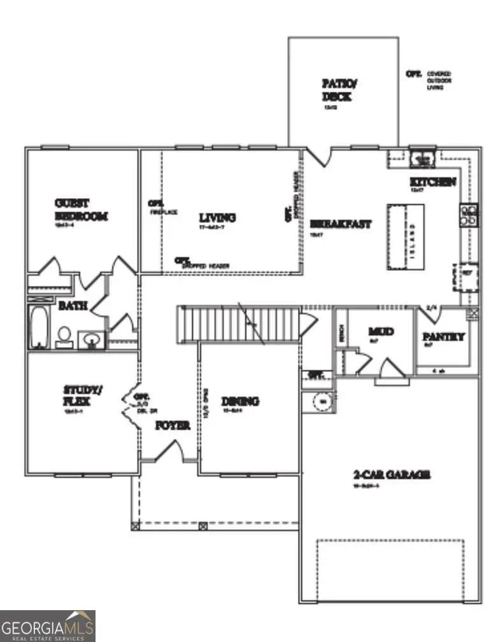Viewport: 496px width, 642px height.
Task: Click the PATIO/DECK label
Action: tap(336, 90)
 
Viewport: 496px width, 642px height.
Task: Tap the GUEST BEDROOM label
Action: tap(81, 210)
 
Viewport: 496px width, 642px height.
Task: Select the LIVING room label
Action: tap(216, 218)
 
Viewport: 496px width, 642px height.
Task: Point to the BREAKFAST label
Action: tap(341, 224)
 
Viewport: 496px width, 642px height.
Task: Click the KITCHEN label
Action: tap(432, 182)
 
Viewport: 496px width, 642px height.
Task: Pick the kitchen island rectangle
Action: tap(405, 237)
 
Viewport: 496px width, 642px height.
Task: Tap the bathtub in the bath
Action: tap(39, 327)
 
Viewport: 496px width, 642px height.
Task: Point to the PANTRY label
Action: tap(444, 337)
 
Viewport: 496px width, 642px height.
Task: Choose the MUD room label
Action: tap(381, 332)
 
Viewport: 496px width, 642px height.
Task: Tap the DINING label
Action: tap(240, 401)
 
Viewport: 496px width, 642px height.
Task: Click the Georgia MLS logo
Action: tap(48, 625)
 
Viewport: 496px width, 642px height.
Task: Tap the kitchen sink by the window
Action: tap(421, 157)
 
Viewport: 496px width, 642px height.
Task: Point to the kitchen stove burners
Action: tap(469, 216)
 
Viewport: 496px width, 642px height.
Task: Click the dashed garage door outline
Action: tap(390, 568)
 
